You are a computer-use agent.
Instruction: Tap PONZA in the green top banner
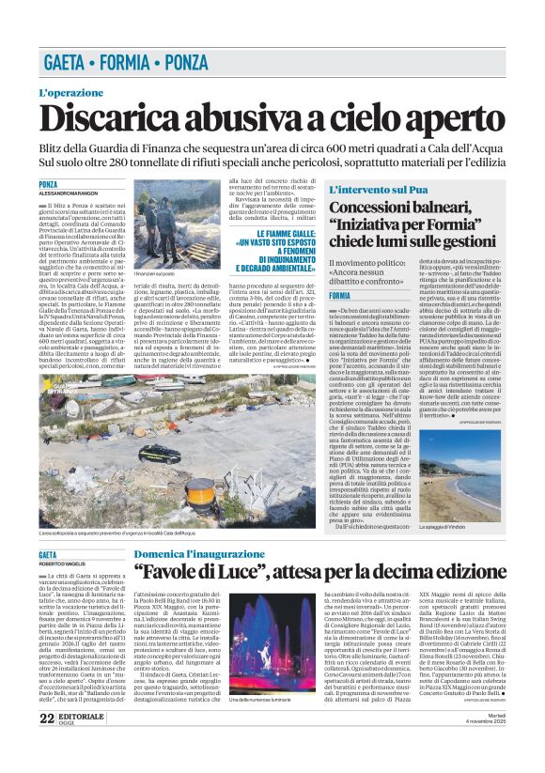coord(179,64)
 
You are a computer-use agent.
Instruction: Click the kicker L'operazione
coord(70,93)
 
